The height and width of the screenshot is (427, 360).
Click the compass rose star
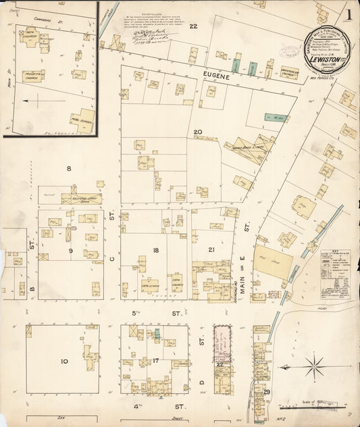tap(313, 369)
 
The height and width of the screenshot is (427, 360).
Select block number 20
tap(197, 132)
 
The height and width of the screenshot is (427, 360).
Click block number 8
tap(68, 168)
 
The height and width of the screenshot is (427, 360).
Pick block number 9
tap(70, 251)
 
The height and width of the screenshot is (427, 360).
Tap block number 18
tap(155, 251)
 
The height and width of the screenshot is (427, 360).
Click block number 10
tap(64, 361)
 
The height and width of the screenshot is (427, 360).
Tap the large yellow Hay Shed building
tap(272, 259)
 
